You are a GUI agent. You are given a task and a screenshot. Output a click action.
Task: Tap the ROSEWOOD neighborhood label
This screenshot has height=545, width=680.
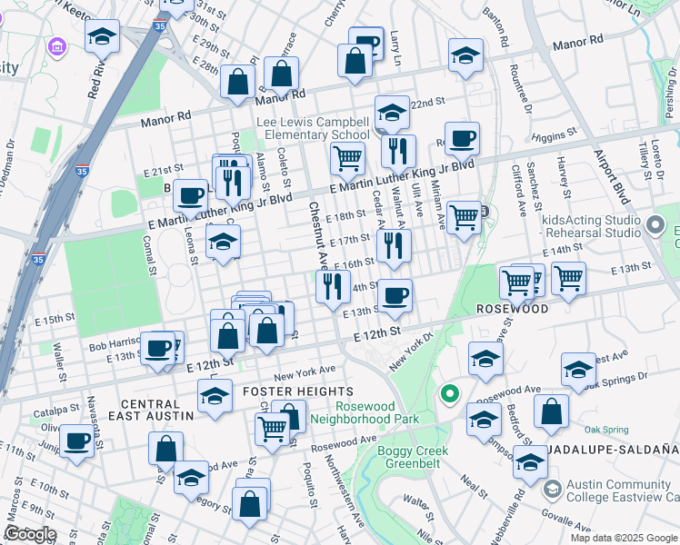click(x=513, y=309)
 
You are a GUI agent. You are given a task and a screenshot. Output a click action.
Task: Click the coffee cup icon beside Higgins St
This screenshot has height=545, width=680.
click(x=462, y=139)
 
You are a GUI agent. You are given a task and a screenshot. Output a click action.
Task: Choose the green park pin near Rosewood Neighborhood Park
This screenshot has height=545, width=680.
click(x=447, y=394)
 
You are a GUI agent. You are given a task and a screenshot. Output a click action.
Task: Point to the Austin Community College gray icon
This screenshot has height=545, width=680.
click(x=551, y=490)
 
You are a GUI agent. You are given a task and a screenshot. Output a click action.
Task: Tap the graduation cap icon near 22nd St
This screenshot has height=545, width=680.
click(x=392, y=113)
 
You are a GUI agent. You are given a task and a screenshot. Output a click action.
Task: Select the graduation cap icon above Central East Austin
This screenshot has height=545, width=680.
click(x=215, y=397)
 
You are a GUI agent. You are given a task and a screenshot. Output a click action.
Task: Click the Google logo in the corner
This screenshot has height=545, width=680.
click(x=30, y=534)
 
